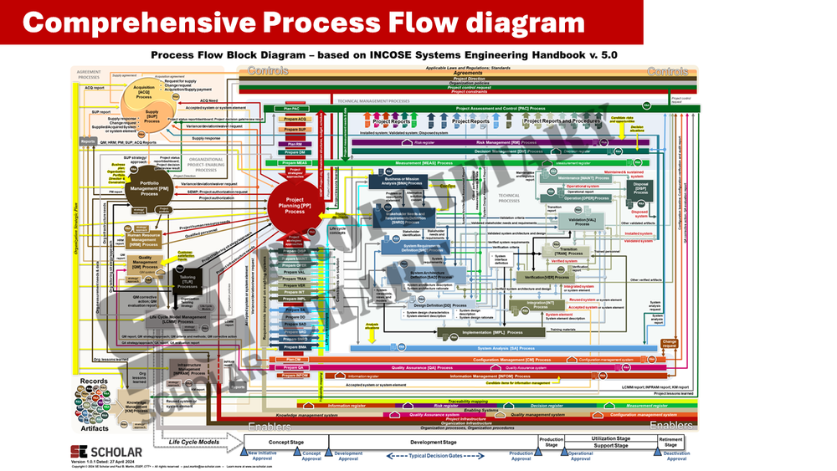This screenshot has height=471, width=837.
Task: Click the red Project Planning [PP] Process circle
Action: click(294, 203)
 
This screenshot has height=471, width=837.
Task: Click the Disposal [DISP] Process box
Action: click(640, 188)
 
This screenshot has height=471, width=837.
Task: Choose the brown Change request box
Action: click(669, 343)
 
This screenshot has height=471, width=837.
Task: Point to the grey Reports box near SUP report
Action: click(88, 142)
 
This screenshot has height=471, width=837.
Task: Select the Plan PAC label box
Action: click(292, 109)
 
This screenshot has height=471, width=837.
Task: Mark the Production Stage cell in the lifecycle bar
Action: click(551, 442)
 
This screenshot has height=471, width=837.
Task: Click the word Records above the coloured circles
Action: click(93, 381)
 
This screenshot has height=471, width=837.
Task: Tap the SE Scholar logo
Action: click(100, 452)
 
